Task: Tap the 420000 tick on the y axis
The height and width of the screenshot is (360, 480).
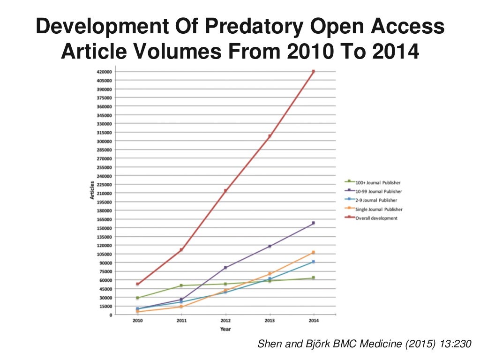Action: [x=104, y=72]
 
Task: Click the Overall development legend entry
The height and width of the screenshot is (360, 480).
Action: [x=376, y=218]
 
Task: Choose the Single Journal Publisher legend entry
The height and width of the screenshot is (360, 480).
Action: [x=379, y=209]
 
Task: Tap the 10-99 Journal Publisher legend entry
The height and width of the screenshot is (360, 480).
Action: [x=378, y=191]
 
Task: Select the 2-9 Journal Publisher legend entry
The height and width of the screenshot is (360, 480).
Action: [x=376, y=200]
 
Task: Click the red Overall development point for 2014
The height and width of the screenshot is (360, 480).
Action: [x=313, y=72]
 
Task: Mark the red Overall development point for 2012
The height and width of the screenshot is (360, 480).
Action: [x=225, y=191]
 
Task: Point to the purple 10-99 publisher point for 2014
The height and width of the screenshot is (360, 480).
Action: [x=313, y=223]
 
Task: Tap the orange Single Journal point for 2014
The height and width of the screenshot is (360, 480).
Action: [x=313, y=253]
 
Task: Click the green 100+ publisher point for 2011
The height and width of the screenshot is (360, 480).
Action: [x=181, y=285]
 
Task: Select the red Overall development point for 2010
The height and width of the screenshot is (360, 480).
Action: [x=137, y=284]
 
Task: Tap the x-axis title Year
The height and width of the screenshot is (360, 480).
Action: [x=225, y=329]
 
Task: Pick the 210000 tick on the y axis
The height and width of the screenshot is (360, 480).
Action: [x=104, y=193]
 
